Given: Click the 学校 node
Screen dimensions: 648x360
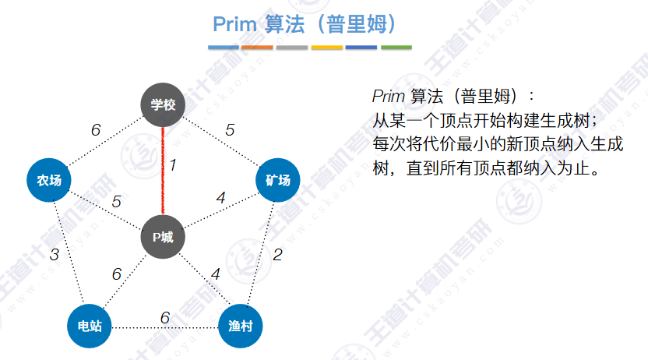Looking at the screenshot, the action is coord(163,104).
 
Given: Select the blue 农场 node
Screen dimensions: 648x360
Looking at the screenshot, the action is coord(49,181).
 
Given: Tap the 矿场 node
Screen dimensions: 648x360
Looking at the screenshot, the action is coord(277,181).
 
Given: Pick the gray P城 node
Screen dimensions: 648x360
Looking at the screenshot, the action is coord(163,236).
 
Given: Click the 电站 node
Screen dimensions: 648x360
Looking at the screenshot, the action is coord(89,325).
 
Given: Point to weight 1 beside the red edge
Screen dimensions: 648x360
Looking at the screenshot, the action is coord(173,164).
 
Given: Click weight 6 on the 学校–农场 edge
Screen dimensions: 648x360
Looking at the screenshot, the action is coord(96,130).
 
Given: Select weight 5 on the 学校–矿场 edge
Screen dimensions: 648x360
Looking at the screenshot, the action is coord(230,130).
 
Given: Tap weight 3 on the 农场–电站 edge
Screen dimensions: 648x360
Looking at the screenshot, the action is coord(54,254).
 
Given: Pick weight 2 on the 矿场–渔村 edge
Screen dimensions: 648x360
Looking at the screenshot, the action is coord(276,254).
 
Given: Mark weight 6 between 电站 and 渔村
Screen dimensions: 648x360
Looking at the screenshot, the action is coord(164,318).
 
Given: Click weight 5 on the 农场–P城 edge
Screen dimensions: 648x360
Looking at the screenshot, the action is coord(116,202).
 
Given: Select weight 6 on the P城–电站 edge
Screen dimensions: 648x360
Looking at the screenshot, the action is coord(116,274).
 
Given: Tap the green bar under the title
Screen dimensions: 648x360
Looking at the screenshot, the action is coord(396,48).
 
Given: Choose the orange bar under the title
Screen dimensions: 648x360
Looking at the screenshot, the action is coord(258,48).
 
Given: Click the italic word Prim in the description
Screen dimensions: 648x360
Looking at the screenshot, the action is coord(388,97).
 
